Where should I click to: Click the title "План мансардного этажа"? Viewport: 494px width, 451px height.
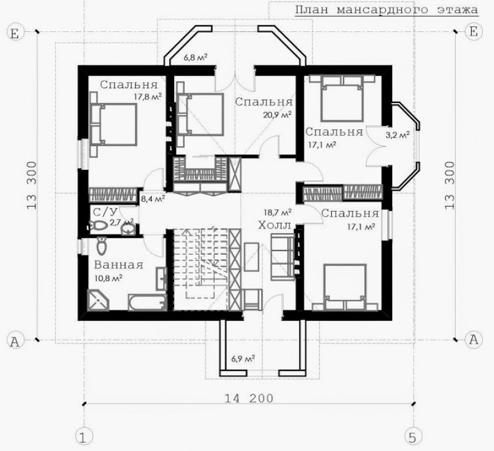(x=387, y=10)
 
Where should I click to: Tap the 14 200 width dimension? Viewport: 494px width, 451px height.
(x=249, y=399)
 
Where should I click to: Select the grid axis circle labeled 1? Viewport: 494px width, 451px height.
(x=83, y=437)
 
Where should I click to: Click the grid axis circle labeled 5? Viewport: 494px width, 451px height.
(x=412, y=437)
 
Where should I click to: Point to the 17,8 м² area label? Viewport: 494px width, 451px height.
(x=148, y=96)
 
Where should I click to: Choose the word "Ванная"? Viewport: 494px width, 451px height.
(x=119, y=265)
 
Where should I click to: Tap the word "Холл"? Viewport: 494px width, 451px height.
(x=275, y=225)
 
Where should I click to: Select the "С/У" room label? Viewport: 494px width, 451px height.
(x=102, y=212)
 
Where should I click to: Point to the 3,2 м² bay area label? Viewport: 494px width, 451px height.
(x=398, y=135)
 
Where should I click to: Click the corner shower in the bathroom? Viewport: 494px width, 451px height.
(x=98, y=300)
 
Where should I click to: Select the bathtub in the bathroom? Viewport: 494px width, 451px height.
(x=147, y=302)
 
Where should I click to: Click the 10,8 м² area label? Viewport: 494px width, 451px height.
(x=108, y=278)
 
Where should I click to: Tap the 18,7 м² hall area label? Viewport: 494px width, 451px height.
(x=277, y=212)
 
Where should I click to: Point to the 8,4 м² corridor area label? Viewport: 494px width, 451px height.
(x=153, y=199)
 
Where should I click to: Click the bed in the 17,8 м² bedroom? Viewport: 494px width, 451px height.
(x=114, y=124)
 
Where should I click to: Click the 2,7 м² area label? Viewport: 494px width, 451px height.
(x=122, y=221)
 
